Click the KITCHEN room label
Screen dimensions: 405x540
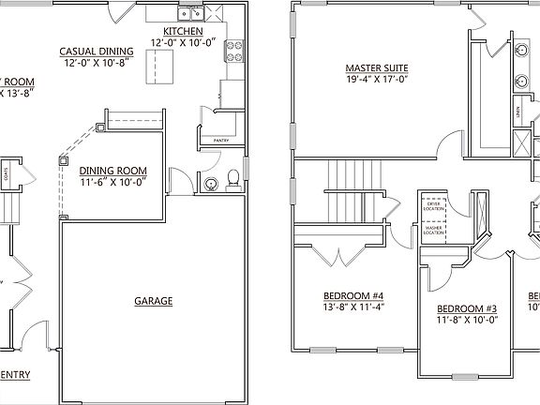pyautogui.click(x=183, y=31)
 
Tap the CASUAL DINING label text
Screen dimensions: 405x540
pyautogui.click(x=97, y=52)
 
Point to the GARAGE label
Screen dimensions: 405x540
pyautogui.click(x=154, y=301)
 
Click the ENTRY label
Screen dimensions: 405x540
pyautogui.click(x=17, y=375)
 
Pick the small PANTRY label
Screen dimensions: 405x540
pyautogui.click(x=221, y=141)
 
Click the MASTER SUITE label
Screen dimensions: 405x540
pyautogui.click(x=377, y=68)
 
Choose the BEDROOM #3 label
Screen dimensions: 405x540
pyautogui.click(x=466, y=308)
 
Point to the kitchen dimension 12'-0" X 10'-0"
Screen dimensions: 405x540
pyautogui.click(x=183, y=42)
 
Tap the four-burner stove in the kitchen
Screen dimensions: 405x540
pyautogui.click(x=232, y=52)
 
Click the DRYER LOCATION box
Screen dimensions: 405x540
pyautogui.click(x=433, y=204)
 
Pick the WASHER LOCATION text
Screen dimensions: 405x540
pyautogui.click(x=433, y=229)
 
